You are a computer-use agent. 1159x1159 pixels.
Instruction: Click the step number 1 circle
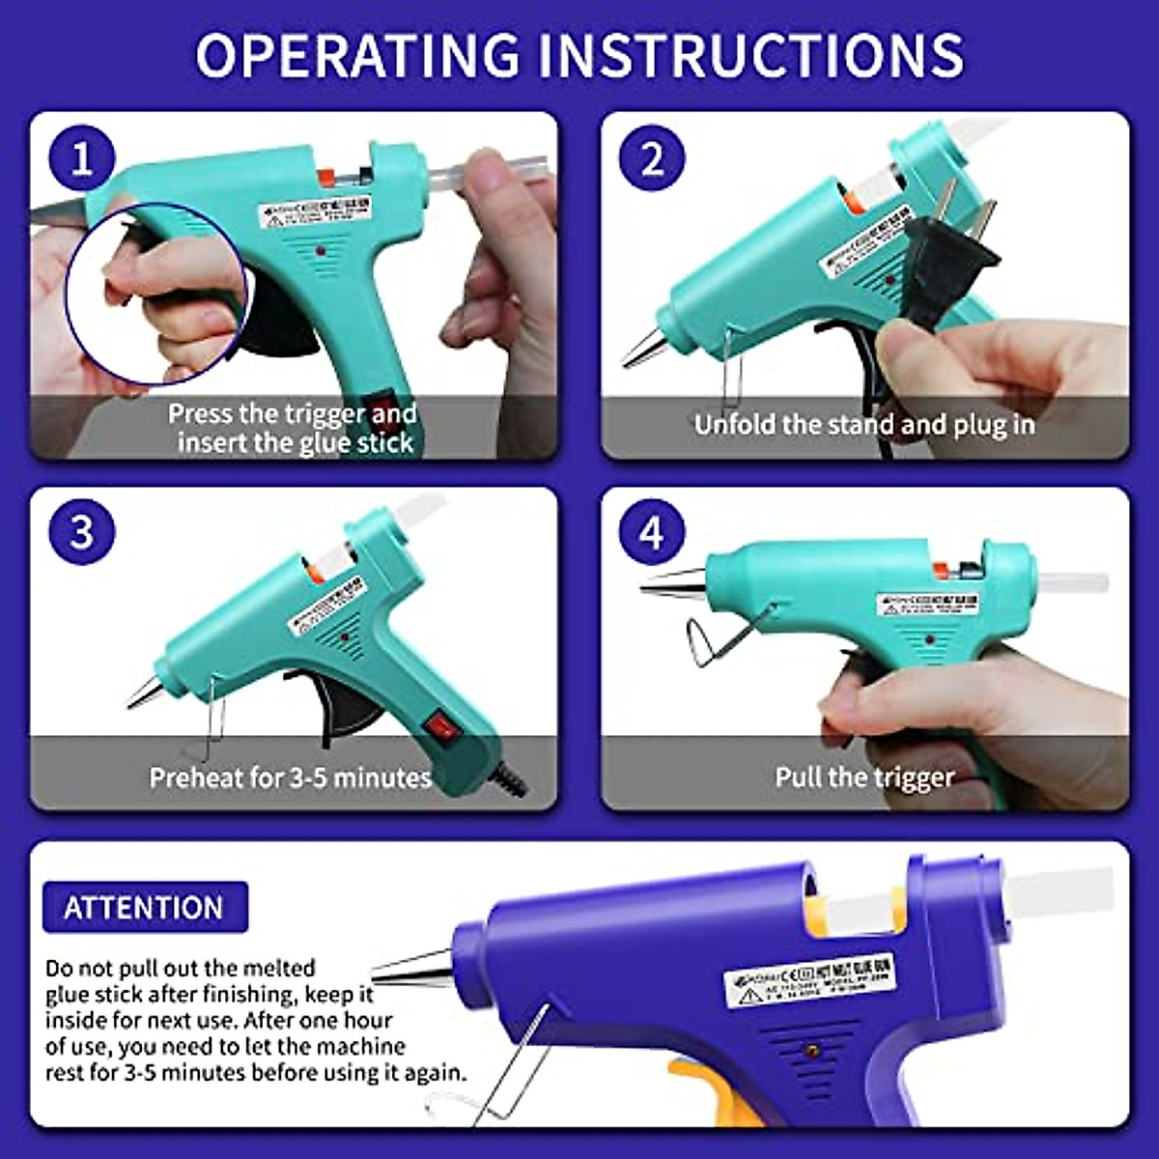[81, 158]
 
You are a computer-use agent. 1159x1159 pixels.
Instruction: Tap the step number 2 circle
[652, 158]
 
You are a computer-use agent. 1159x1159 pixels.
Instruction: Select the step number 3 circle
[81, 531]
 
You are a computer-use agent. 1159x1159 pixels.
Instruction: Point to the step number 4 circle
[652, 532]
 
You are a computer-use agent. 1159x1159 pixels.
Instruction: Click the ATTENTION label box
[144, 908]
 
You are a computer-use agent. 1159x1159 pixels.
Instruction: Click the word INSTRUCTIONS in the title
[749, 54]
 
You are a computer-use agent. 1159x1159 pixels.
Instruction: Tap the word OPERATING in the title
[357, 54]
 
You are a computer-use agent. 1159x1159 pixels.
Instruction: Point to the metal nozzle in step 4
[672, 582]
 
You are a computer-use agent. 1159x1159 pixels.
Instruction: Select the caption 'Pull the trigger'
[864, 777]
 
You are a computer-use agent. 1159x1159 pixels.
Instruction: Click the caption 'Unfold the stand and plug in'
[864, 425]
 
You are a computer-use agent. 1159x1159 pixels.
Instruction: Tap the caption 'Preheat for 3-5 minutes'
[290, 777]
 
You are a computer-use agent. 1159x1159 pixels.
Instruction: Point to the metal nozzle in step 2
[642, 348]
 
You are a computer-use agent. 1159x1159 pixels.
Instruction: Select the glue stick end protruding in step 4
[1072, 584]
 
